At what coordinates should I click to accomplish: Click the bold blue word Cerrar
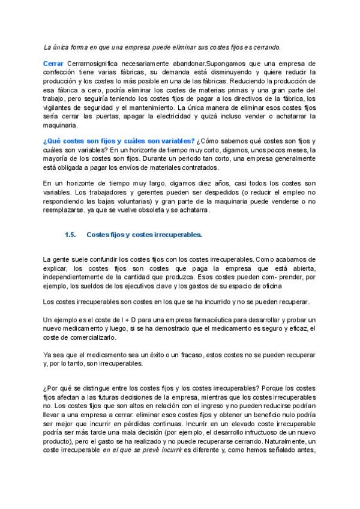[55, 63]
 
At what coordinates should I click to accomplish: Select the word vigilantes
[59, 107]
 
